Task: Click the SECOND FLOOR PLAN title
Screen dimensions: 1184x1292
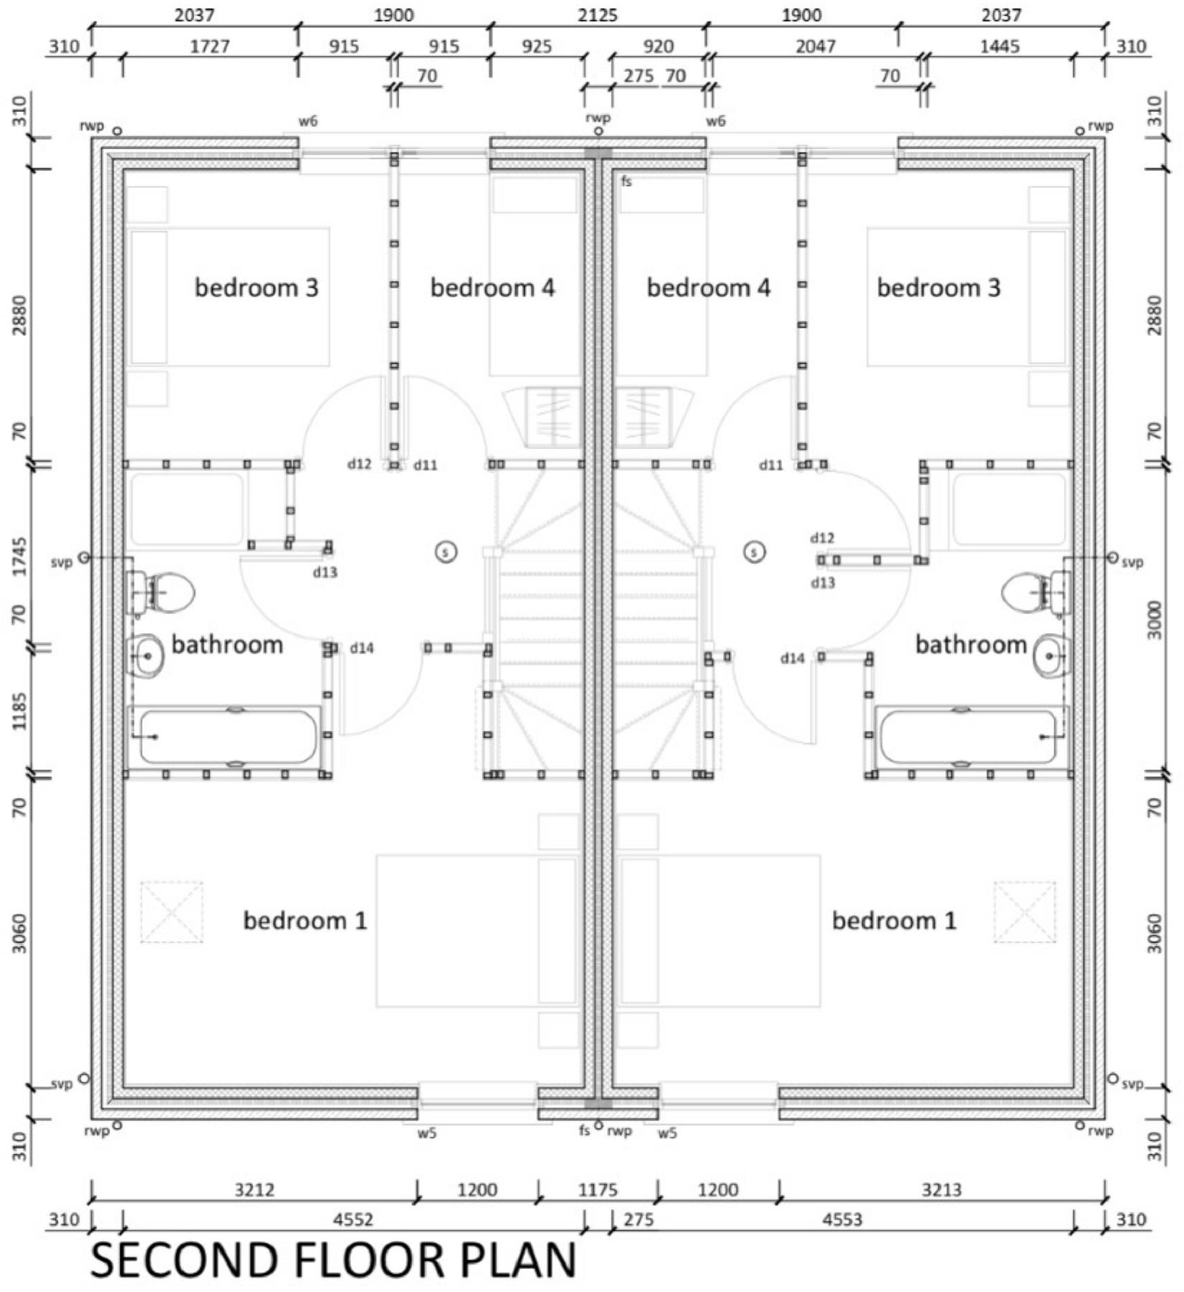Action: tap(333, 1261)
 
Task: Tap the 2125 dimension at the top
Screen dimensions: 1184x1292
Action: tap(597, 15)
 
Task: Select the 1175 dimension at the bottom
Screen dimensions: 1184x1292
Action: tap(597, 1190)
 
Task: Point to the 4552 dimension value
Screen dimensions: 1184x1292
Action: tap(353, 1220)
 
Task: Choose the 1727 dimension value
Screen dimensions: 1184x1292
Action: tap(209, 46)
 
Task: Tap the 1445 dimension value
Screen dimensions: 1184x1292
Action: tap(999, 46)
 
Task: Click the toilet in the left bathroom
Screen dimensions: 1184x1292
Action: tap(163, 592)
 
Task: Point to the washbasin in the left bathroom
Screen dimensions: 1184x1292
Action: tap(147, 656)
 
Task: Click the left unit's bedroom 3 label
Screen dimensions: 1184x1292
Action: tap(256, 288)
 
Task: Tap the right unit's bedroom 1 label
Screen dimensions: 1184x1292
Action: tap(894, 921)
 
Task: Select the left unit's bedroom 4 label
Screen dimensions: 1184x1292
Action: tap(492, 288)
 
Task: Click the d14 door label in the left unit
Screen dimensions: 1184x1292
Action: tap(362, 648)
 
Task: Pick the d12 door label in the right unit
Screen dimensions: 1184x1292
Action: tap(821, 538)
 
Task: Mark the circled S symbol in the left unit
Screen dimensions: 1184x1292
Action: tap(446, 552)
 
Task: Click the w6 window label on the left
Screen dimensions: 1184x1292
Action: tap(308, 121)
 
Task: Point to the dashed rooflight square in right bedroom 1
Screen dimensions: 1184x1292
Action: tap(1024, 912)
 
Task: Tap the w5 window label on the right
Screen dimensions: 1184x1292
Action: tap(667, 1133)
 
